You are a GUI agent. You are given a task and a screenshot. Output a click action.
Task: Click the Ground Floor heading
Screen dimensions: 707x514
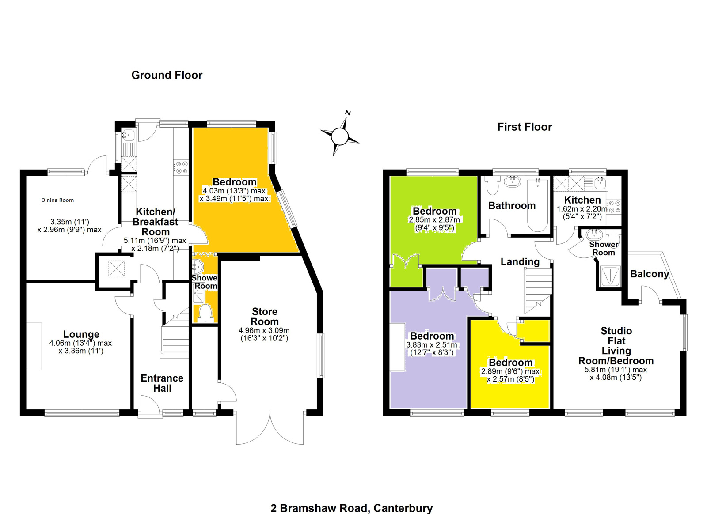point(167,75)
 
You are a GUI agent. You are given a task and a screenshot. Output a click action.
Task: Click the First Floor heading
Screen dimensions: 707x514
point(525,127)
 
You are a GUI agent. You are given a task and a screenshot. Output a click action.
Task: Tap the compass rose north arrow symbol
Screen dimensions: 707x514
point(340,136)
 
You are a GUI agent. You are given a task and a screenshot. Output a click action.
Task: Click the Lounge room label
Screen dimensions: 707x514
point(81,334)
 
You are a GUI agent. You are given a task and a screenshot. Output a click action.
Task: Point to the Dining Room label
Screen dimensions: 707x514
point(57,200)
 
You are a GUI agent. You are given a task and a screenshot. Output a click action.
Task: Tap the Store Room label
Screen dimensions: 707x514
point(265,316)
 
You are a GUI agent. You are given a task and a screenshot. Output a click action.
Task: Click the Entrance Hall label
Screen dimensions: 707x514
point(162,383)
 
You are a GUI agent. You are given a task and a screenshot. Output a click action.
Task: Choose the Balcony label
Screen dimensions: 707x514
point(650,274)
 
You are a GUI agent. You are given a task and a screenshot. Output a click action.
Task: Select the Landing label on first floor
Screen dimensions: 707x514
point(520,261)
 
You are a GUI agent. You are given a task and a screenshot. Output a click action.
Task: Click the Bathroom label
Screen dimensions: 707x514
point(512,206)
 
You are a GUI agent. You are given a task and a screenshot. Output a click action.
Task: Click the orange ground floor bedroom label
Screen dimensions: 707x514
point(234,182)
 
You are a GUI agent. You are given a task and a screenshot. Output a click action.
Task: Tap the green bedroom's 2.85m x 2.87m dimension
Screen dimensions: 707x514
point(434,220)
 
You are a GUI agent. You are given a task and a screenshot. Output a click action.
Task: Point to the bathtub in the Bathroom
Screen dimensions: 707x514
point(537,205)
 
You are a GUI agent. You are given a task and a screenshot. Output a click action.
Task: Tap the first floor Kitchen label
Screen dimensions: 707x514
point(582,200)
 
